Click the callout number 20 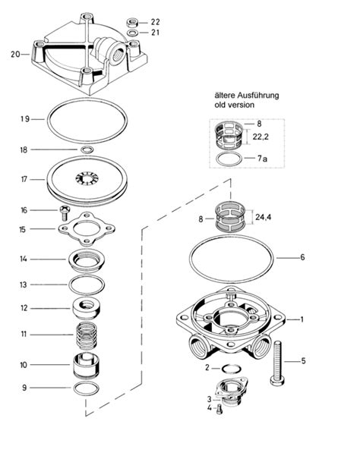point(15,55)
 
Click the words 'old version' point(235,105)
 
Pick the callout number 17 point(24,180)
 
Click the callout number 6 point(302,258)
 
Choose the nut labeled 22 point(132,22)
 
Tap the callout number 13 point(24,285)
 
